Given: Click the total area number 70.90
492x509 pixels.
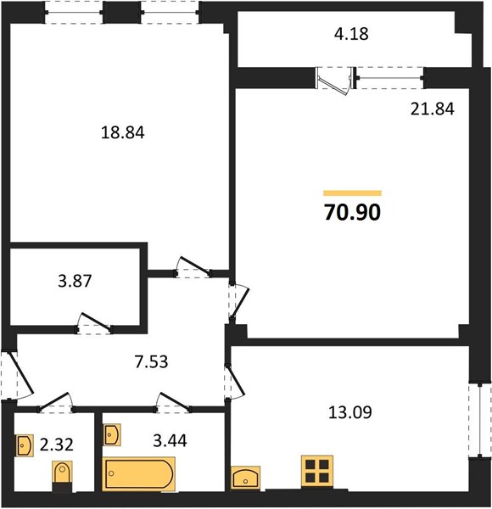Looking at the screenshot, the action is tap(352, 213).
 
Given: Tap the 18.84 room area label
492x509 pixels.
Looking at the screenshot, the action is tap(123, 133).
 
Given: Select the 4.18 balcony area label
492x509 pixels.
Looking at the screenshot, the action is tap(351, 34).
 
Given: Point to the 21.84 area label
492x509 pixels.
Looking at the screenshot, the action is tap(433, 109).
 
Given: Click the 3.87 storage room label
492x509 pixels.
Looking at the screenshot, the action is tap(75, 281).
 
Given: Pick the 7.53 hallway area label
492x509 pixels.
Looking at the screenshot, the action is tap(152, 362).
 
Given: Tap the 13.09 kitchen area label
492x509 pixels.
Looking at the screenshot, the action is tap(350, 412).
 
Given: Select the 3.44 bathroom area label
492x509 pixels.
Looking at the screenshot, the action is tap(170, 441).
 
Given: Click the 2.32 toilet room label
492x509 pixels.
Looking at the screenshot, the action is tap(57, 445).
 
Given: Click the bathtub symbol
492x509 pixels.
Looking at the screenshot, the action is tap(139, 473).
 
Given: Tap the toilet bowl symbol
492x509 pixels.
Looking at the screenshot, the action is tap(62, 473).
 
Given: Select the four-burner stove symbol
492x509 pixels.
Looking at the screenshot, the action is tap(317, 472).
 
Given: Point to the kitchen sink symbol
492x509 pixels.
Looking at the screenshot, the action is tap(245, 478).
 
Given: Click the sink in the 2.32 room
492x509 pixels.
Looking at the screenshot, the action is tap(25, 445).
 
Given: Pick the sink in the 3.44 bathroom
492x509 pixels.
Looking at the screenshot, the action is tap(112, 434).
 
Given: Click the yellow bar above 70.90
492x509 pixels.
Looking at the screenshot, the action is tap(352, 193).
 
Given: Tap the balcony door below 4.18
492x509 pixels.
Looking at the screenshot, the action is tap(334, 81).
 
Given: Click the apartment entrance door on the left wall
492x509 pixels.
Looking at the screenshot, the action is tap(17, 376).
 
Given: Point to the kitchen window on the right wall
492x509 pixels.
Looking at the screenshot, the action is tap(480, 422).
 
